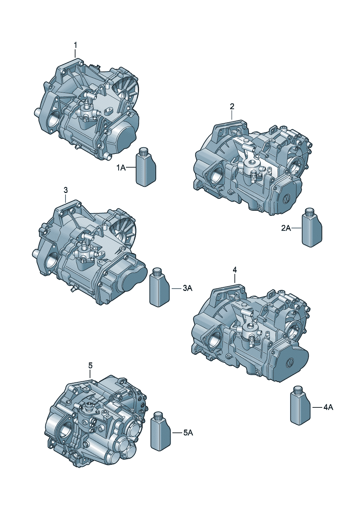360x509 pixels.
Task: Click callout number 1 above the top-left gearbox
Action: coord(75,45)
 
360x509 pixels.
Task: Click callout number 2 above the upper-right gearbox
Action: coord(232,107)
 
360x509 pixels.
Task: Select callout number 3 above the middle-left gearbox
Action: coord(66,190)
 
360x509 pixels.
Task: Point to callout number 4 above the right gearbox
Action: coord(235,270)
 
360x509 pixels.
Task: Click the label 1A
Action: coord(121,168)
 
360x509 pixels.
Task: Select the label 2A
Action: coord(286,228)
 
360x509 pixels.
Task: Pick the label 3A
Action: coord(188,288)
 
